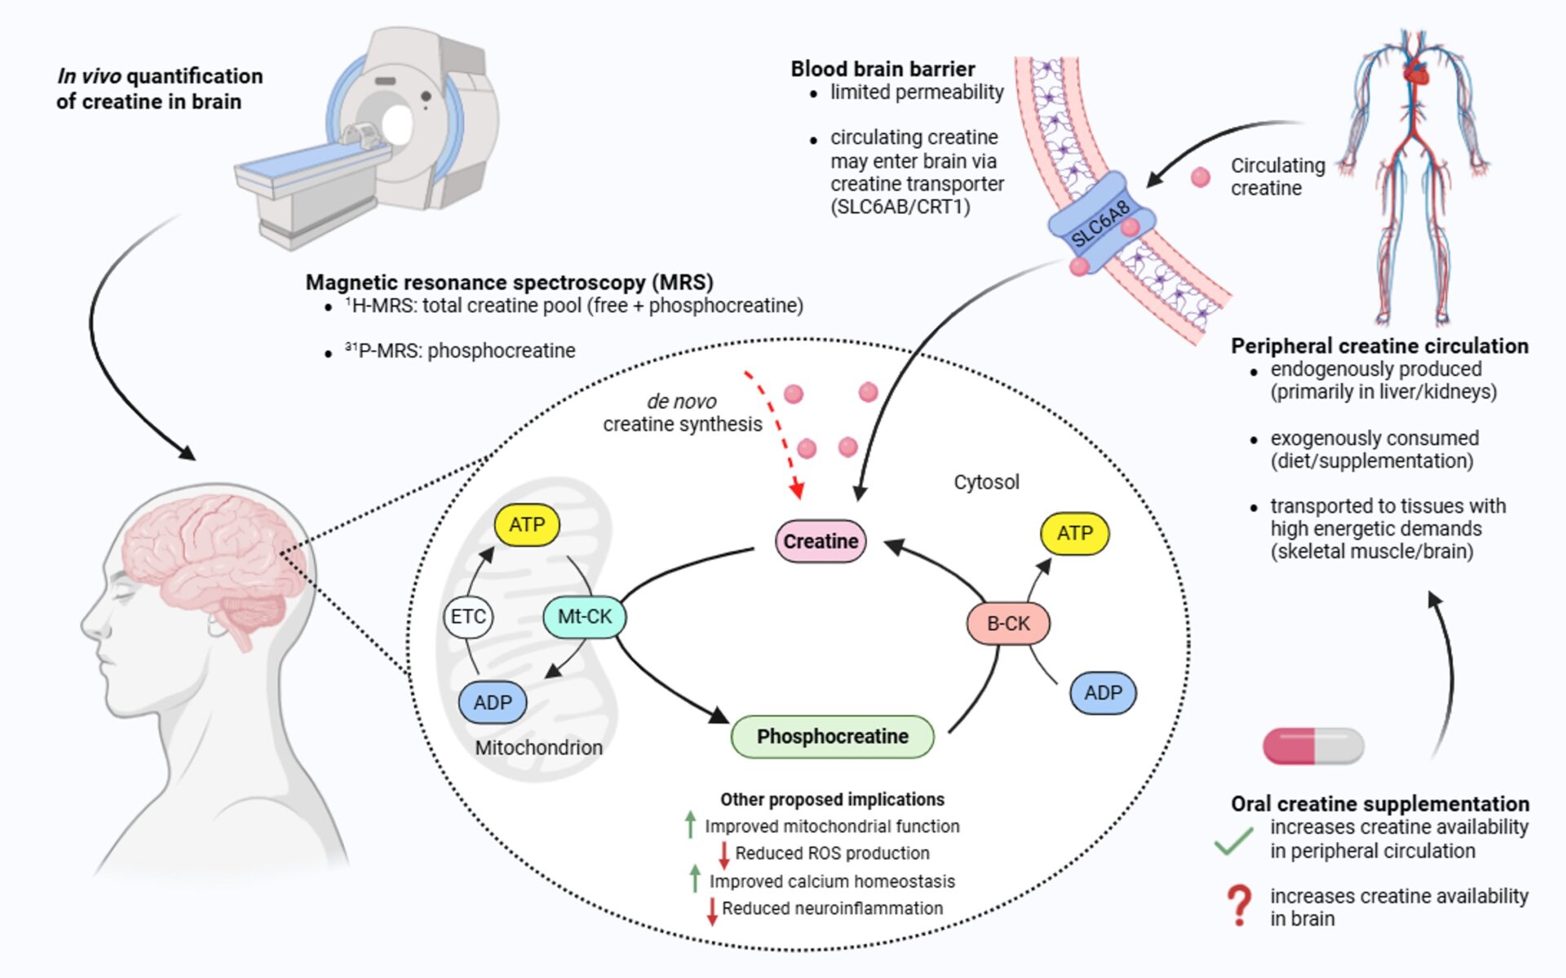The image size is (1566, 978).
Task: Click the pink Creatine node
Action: pos(820,542)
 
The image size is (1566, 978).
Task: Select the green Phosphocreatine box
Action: pos(832,737)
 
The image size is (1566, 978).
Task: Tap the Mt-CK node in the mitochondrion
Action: pos(584,617)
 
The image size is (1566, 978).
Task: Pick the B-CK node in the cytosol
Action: pos(1008,624)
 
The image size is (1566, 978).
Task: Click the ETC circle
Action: pos(468,617)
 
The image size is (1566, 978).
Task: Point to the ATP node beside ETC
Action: pos(527,524)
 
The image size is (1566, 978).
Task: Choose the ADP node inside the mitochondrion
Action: pos(493,702)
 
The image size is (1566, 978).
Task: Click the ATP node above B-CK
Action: pos(1074,533)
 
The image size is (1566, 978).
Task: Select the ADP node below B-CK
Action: pos(1103,693)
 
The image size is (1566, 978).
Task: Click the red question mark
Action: pos(1239,905)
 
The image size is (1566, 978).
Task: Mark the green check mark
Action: pos(1233,840)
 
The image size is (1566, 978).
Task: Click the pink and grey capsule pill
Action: pos(1313,746)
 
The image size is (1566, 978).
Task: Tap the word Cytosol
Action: pos(986,482)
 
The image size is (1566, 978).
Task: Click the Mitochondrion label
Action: pos(538,748)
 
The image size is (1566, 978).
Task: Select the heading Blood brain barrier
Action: pos(883,69)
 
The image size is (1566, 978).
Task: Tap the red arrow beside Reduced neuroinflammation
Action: pos(712,910)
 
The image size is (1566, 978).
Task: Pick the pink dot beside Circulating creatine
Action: pos(1201,177)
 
